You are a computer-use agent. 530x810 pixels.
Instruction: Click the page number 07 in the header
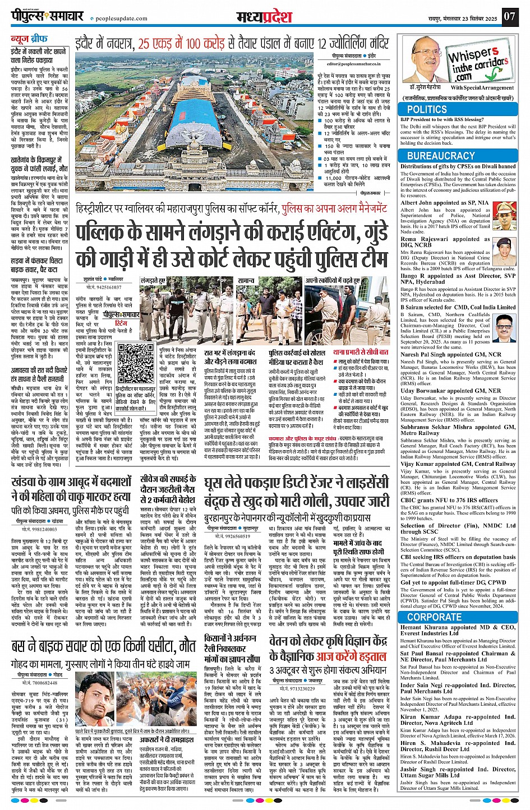509,16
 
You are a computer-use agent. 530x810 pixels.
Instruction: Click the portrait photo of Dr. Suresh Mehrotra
427,59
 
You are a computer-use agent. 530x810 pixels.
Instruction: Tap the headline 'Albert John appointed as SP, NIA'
444,202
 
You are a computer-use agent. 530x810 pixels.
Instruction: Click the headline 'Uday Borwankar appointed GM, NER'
450,391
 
